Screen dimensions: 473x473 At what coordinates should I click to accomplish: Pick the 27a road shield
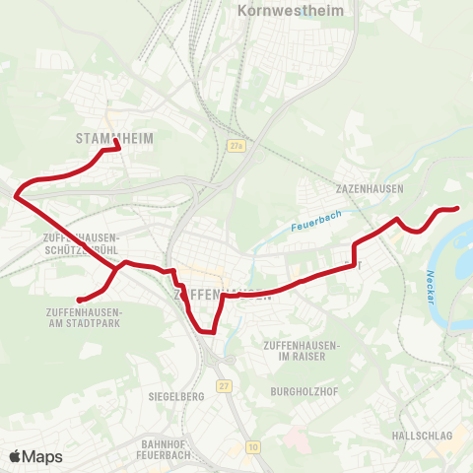(x=235, y=146)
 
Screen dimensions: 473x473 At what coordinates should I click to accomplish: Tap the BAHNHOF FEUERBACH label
(x=165, y=449)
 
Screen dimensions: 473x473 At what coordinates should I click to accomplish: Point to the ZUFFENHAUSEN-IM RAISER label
(x=302, y=350)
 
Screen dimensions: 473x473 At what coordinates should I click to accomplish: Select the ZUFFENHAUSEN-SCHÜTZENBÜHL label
(x=82, y=243)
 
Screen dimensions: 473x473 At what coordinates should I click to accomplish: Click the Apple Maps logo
(x=35, y=456)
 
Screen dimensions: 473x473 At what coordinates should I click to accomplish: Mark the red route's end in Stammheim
(x=118, y=149)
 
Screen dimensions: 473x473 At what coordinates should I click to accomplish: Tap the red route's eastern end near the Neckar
(x=458, y=208)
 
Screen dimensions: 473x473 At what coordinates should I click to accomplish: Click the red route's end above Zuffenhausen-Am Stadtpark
(x=79, y=299)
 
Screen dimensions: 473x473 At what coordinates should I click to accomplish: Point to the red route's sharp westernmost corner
(x=16, y=196)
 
